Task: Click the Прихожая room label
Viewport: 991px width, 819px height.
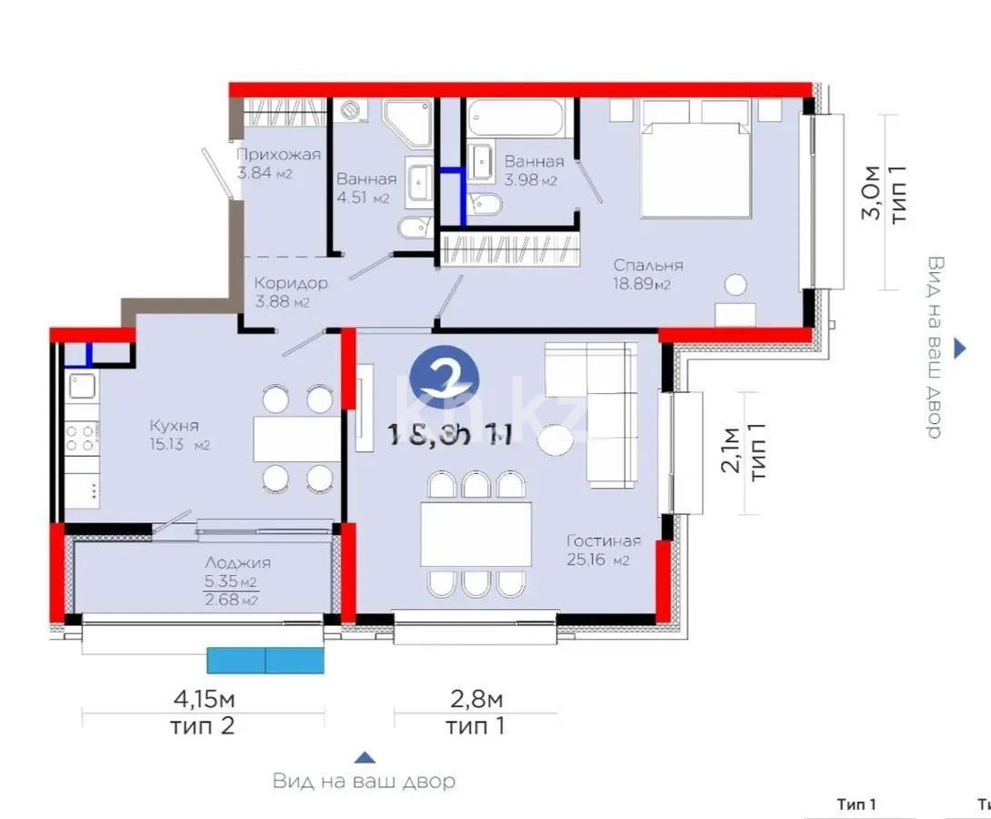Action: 278,155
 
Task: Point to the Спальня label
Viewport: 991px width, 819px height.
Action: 647,265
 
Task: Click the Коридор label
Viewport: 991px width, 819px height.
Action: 291,283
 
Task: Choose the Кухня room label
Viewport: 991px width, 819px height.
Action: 174,425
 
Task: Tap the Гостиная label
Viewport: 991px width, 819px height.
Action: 603,541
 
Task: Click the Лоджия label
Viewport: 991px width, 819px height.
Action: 237,563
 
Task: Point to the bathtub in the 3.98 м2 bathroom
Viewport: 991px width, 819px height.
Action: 516,117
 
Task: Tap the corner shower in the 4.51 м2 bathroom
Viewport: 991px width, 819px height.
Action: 406,123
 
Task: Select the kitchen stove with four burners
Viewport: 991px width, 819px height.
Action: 82,438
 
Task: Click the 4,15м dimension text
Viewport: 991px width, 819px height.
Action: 204,700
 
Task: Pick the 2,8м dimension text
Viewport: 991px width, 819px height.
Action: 475,700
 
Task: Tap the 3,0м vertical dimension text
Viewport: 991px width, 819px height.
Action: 871,193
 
